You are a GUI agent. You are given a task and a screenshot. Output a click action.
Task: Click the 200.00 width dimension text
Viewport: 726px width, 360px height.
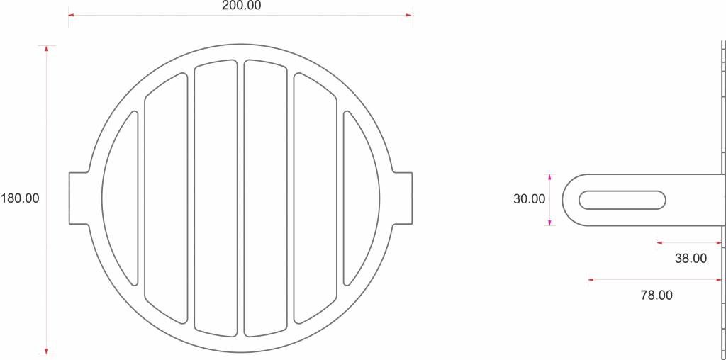pyautogui.click(x=241, y=6)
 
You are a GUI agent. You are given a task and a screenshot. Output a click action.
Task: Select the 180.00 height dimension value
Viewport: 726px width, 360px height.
pyautogui.click(x=20, y=198)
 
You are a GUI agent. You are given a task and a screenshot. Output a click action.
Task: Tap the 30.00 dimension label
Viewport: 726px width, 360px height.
pyautogui.click(x=529, y=199)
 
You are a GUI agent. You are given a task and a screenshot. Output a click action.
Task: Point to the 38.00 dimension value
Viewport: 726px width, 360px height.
pyautogui.click(x=691, y=259)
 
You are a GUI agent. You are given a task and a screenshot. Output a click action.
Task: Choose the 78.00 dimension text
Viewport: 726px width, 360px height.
pyautogui.click(x=657, y=296)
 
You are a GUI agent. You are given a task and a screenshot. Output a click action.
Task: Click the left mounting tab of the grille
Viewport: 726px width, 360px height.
pyautogui.click(x=79, y=198)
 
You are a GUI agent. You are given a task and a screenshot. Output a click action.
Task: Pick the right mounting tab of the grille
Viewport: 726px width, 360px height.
pyautogui.click(x=403, y=198)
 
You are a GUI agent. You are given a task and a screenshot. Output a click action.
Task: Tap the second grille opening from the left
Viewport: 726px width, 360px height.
pyautogui.click(x=166, y=198)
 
